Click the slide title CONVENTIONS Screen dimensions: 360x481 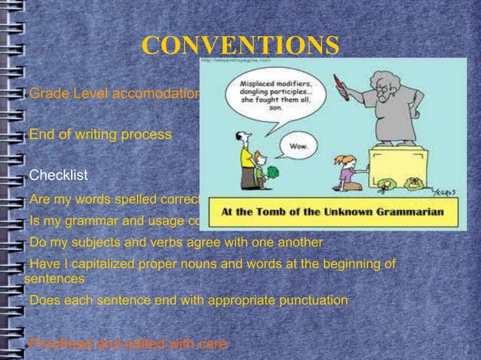(x=240, y=46)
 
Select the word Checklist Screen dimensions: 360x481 (x=59, y=175)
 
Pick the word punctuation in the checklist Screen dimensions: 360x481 (x=309, y=301)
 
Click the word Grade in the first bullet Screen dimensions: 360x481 (x=47, y=94)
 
